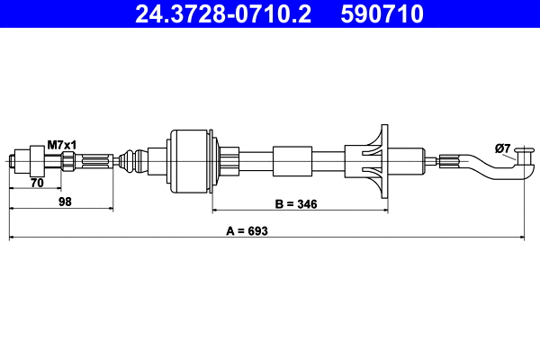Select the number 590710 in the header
(x=381, y=14)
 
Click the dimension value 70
(x=37, y=183)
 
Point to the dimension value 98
(x=65, y=203)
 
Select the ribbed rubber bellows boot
(x=134, y=162)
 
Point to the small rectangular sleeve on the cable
(x=292, y=162)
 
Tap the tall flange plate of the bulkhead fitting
(x=381, y=162)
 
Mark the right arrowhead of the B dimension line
(x=384, y=211)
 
